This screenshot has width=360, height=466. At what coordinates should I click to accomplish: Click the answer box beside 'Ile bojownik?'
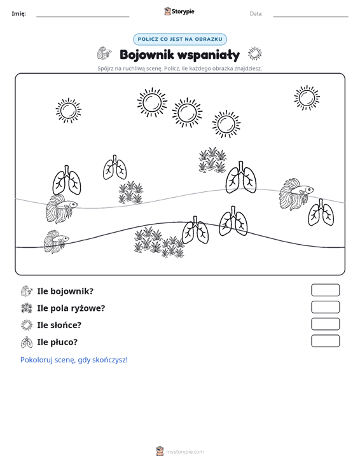point(325,290)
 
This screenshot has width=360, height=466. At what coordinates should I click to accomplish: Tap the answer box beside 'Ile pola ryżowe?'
point(325,307)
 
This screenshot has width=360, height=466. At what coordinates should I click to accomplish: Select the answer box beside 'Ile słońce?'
point(325,324)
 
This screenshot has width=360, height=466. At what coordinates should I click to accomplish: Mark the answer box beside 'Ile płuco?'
point(325,341)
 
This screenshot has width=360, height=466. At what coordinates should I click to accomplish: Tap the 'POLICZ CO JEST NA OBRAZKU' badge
point(180,39)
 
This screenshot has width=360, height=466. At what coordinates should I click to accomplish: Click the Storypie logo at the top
point(179,11)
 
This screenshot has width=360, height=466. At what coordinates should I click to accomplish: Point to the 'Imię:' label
point(18,14)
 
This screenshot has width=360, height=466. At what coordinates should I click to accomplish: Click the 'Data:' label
point(256,14)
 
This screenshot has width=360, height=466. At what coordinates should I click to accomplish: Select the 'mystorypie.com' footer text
point(184,452)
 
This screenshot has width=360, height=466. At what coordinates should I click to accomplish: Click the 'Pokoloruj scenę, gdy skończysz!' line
point(74,360)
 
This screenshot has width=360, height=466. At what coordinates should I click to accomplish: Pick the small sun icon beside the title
point(255,53)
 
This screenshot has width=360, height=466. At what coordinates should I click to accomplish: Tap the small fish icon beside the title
point(104,53)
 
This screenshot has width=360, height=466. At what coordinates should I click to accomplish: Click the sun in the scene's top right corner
point(307,98)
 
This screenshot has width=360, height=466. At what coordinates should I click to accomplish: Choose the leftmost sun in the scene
point(68,110)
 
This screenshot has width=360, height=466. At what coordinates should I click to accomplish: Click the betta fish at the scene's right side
point(296,194)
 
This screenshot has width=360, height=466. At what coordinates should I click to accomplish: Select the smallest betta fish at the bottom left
point(56,242)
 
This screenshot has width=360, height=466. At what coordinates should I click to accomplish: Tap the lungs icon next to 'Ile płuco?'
point(27,342)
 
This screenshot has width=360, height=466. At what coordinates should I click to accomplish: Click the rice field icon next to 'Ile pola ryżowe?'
point(27,308)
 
